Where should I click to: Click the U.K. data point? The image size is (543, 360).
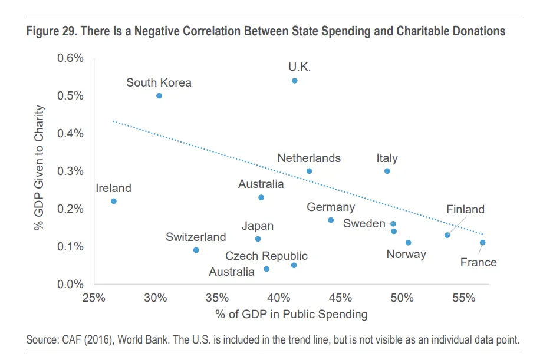tap(294, 81)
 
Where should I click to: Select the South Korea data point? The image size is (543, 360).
tap(159, 95)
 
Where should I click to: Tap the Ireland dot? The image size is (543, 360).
tap(114, 201)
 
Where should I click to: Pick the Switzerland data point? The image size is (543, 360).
tap(196, 250)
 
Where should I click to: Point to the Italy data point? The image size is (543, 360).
tap(387, 171)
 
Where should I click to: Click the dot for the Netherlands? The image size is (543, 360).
tap(309, 171)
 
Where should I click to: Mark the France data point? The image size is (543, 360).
tap(482, 242)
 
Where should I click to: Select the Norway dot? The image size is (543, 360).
tap(408, 242)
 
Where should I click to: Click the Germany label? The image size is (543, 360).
tap(331, 207)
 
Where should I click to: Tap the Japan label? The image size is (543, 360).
tap(258, 226)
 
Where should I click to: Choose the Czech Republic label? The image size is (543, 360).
tap(266, 256)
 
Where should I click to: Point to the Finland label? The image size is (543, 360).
tap(465, 209)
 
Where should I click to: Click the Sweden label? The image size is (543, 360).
tap(364, 223)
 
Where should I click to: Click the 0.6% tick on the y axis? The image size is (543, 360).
tap(70, 58)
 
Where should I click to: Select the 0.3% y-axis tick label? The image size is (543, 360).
tap(70, 171)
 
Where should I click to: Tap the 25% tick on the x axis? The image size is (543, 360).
tap(94, 297)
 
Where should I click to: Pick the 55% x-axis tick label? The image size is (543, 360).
tap(464, 297)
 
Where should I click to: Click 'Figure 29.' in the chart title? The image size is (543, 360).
tap(52, 31)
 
